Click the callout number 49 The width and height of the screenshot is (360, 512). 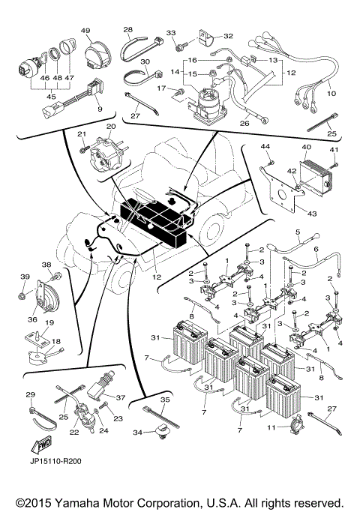85,31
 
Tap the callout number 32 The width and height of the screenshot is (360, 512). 228,34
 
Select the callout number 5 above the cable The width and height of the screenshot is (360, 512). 298,233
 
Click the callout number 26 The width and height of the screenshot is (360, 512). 244,124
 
